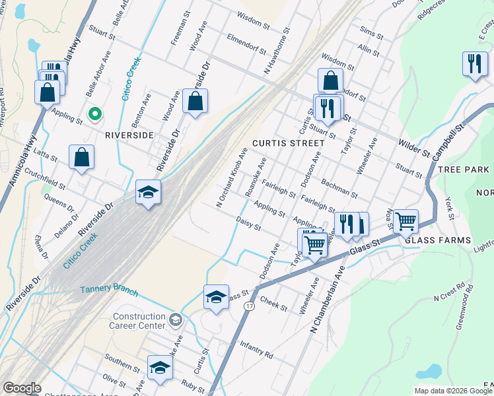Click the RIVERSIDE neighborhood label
click(x=129, y=135)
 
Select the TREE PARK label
click(x=463, y=170)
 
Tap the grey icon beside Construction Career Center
click(x=175, y=320)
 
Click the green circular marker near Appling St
click(x=94, y=114)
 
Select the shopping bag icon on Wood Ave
click(x=195, y=102)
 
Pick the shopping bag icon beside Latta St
click(x=81, y=158)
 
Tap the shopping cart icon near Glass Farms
click(x=406, y=221)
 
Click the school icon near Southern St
click(x=159, y=368)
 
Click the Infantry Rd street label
click(x=256, y=350)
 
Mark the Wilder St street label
click(x=413, y=147)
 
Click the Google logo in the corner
click(x=22, y=388)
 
